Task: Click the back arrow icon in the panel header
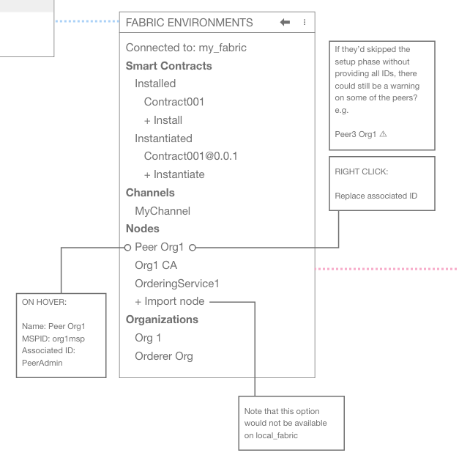click(x=285, y=23)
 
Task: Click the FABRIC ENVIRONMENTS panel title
click(x=190, y=23)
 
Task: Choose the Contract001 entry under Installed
click(x=173, y=102)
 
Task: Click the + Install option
click(x=163, y=120)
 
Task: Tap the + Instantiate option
click(x=174, y=174)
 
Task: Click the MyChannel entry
click(x=163, y=211)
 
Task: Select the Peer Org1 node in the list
click(x=161, y=246)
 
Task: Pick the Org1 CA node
click(x=156, y=265)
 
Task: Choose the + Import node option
click(x=170, y=301)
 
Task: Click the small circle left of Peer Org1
click(x=127, y=246)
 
